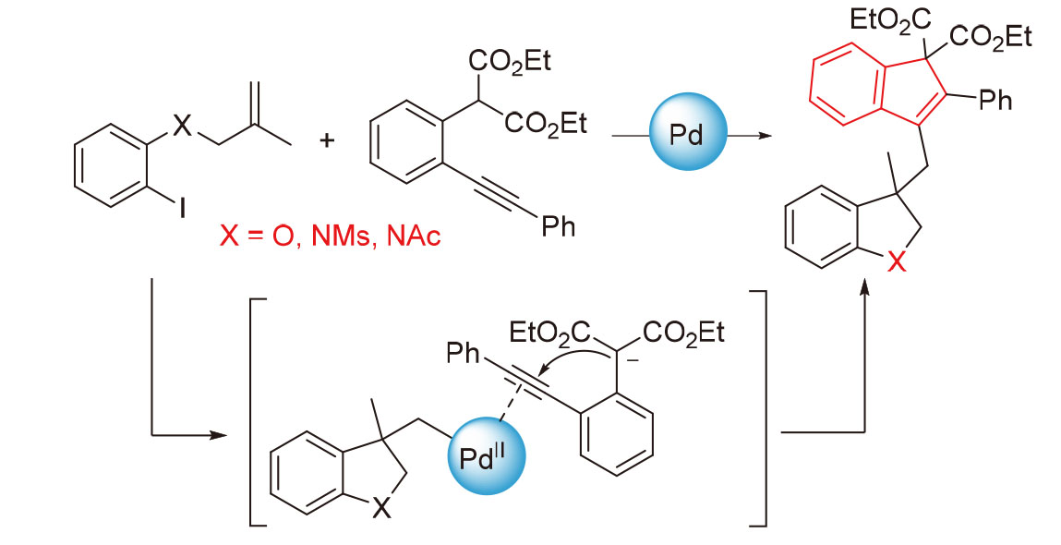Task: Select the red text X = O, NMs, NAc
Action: coord(330,237)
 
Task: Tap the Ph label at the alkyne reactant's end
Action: coord(558,224)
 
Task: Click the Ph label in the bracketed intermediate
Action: coord(465,351)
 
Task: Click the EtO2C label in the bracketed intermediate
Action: coord(551,330)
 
